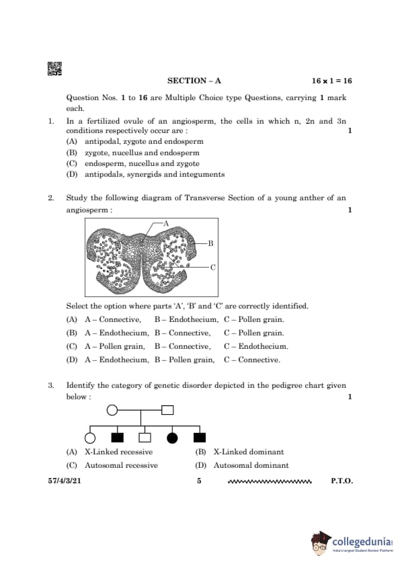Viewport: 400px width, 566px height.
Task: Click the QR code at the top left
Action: click(54, 69)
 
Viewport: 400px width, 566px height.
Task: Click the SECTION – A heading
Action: click(194, 81)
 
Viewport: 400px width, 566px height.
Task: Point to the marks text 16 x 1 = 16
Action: click(332, 81)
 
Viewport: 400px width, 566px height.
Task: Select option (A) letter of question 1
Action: click(71, 141)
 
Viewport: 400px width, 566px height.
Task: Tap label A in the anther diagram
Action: click(166, 223)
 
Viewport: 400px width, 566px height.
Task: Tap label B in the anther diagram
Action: click(211, 243)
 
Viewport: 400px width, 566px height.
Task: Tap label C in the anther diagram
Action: click(212, 268)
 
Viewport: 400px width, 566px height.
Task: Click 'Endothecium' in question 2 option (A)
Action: click(194, 319)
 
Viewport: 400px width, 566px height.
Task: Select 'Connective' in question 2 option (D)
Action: click(259, 360)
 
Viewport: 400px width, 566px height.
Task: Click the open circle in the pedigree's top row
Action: click(112, 410)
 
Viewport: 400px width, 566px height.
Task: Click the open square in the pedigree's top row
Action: click(167, 410)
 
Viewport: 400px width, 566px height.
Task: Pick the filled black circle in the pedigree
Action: click(172, 438)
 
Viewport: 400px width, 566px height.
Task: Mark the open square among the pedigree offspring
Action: click(145, 438)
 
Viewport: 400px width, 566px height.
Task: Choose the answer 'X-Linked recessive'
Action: click(119, 452)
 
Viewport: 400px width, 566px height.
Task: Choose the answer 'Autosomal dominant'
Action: click(251, 465)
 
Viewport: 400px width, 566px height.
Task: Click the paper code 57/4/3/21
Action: click(65, 481)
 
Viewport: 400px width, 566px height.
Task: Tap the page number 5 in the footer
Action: click(199, 481)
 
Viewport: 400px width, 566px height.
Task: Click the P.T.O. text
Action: click(342, 481)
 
